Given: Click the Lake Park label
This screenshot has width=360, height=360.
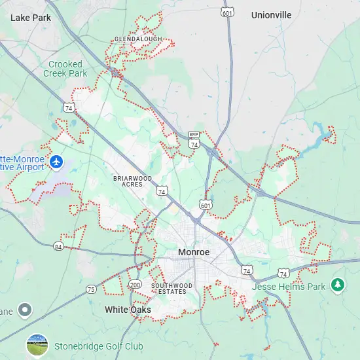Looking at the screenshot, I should (31, 18).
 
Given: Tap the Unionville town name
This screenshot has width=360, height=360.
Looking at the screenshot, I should (271, 14).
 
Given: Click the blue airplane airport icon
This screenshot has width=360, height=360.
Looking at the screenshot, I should (56, 160).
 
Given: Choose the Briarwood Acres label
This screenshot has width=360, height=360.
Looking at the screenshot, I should (132, 181).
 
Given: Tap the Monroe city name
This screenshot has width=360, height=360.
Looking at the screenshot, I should (194, 252).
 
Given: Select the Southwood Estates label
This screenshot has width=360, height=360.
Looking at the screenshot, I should (172, 289).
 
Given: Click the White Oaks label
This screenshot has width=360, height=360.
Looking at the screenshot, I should (128, 310).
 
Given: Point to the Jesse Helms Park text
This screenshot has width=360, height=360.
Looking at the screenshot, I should (289, 287).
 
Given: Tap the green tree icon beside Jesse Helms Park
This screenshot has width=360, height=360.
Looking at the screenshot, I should (337, 284).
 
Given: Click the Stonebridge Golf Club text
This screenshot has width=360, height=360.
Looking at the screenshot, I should (99, 346).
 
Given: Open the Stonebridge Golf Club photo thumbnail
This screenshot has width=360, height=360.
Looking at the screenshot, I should (37, 345).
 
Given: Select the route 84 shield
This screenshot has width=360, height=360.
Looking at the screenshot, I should (59, 246).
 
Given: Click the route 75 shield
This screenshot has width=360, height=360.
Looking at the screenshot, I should (91, 289).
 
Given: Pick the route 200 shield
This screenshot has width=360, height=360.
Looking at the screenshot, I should (135, 285).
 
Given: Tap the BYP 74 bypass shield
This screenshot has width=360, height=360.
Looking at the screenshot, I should (194, 140).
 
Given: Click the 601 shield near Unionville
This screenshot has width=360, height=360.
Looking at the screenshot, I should (227, 12).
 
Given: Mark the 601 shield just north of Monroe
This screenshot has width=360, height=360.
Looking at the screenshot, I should (206, 206).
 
